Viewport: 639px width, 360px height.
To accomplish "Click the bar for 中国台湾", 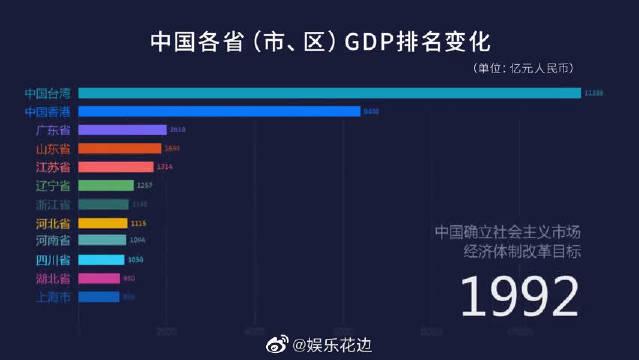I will (329, 93).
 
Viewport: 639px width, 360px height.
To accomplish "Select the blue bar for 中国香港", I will (219, 111).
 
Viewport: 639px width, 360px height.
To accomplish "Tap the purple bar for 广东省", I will (122, 130).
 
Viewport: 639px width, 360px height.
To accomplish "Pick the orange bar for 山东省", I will (119, 148).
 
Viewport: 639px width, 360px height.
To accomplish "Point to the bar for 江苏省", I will (116, 167).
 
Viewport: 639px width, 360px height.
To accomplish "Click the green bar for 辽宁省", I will (106, 185).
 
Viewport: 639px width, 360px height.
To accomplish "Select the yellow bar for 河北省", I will (103, 223).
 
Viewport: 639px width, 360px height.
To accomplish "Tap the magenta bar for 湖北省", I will (99, 278).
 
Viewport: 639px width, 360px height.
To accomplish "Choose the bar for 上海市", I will (99, 297).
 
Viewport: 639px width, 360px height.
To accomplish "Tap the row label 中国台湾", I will (47, 93).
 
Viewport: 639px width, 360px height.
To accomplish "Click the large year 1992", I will (519, 296).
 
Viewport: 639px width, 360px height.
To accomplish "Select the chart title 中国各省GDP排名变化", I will (320, 42).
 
